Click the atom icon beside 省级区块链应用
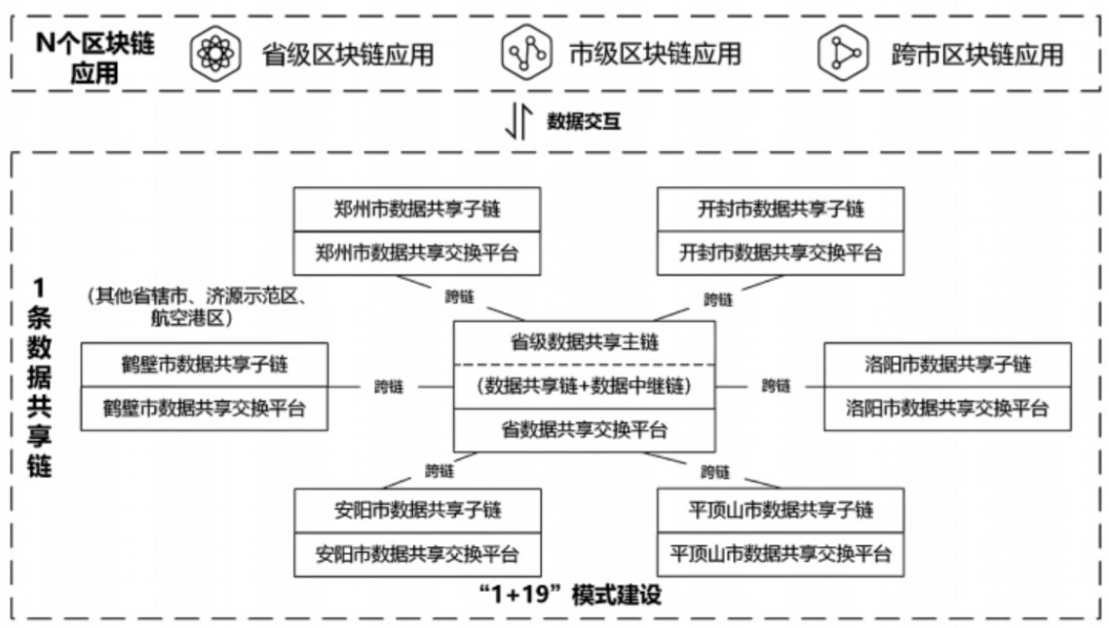(213, 54)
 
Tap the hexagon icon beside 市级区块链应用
(525, 54)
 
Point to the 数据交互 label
(584, 122)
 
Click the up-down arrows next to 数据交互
(519, 123)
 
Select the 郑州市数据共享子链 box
(416, 209)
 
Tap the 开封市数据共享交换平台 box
(781, 254)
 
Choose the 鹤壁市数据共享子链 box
(204, 365)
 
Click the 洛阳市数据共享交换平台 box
(947, 409)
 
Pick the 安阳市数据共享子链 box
(416, 510)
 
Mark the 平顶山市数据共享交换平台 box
(781, 554)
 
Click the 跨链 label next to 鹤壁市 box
(390, 386)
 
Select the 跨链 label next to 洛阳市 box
(777, 386)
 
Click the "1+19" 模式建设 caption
(564, 596)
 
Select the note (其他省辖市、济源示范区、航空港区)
(204, 306)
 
